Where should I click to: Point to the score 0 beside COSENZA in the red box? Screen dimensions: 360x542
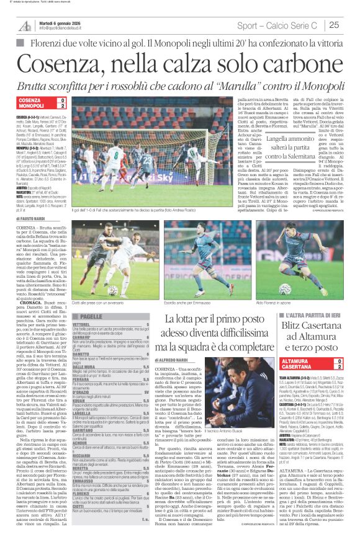point(61,100)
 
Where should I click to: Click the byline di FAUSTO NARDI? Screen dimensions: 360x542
point(30,218)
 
